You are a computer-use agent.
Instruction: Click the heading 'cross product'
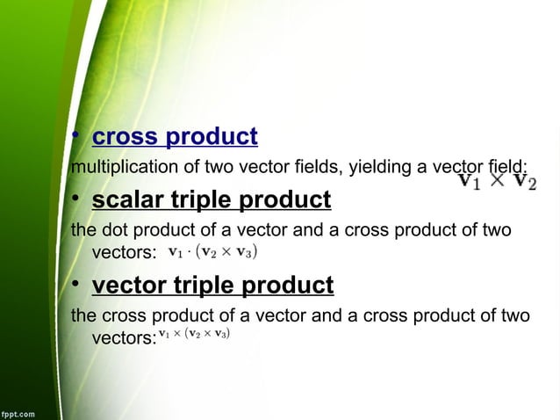click(x=175, y=138)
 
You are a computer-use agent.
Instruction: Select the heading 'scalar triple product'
click(x=212, y=201)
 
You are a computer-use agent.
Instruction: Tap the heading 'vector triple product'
click(x=212, y=286)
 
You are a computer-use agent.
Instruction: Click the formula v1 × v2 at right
click(x=499, y=181)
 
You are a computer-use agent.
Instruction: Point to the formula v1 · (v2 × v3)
click(x=212, y=250)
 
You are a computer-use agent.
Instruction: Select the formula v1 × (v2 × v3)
click(x=195, y=334)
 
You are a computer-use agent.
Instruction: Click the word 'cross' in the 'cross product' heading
click(x=125, y=138)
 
